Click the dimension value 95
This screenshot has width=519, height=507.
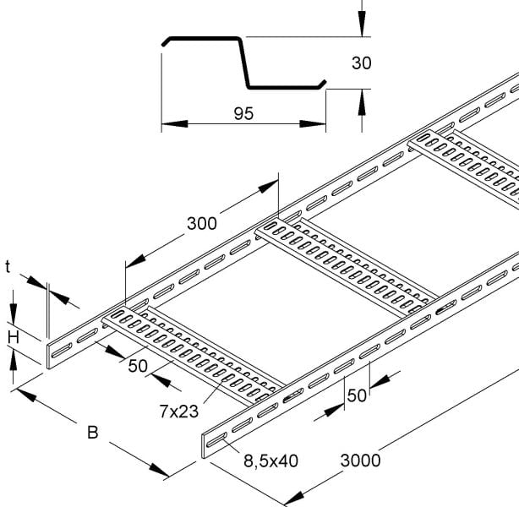(x=243, y=113)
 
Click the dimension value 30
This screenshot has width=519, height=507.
(x=362, y=63)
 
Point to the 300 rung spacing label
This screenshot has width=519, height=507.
(x=202, y=223)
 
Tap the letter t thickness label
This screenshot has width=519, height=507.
(x=8, y=267)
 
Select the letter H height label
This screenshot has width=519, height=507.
(x=14, y=338)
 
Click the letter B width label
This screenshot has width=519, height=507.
(x=93, y=433)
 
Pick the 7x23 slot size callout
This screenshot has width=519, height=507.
(x=179, y=412)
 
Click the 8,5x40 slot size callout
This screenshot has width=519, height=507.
(x=270, y=461)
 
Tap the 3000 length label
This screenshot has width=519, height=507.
(x=360, y=461)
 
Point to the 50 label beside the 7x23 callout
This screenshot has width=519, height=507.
(x=138, y=366)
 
